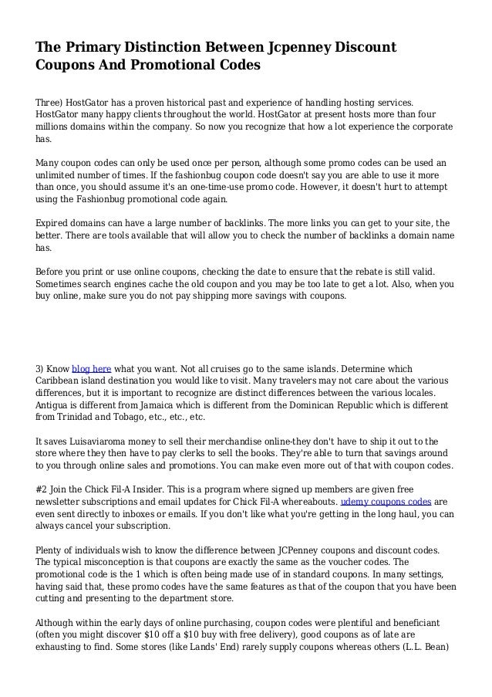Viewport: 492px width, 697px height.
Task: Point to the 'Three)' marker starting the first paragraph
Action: tap(51, 102)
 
